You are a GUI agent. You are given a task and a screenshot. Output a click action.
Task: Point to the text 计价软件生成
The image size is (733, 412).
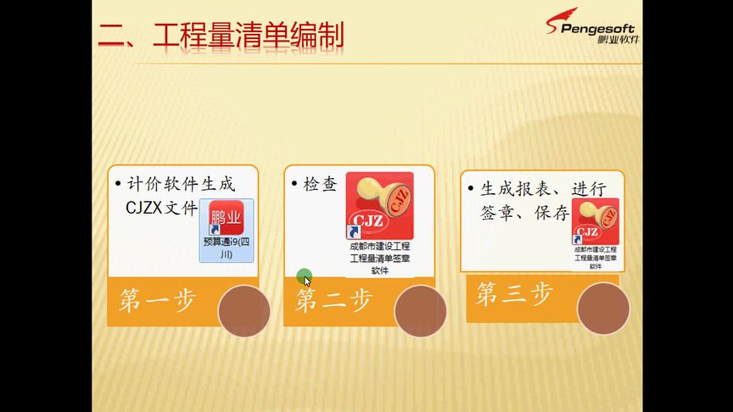[x=181, y=183]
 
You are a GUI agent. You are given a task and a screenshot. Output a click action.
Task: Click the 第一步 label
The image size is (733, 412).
[x=158, y=301]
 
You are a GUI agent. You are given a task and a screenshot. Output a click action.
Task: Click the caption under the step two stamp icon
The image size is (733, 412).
[x=379, y=258]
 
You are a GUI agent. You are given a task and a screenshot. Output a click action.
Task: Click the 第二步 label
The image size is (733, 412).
[x=333, y=300]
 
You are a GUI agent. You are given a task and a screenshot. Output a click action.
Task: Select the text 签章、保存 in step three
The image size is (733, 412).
[x=523, y=213]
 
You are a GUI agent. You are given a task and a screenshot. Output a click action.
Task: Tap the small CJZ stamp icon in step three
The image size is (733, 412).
[x=595, y=220]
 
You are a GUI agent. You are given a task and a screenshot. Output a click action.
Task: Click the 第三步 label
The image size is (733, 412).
[x=515, y=294]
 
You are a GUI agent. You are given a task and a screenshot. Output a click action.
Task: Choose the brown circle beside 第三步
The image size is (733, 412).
[x=603, y=308]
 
